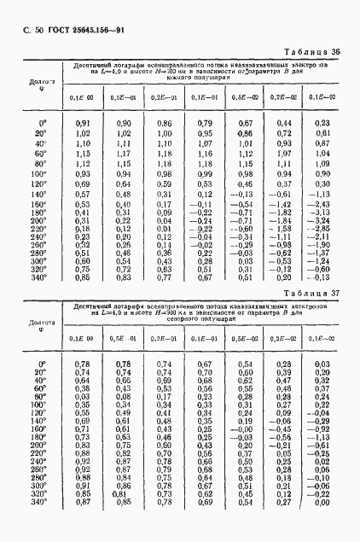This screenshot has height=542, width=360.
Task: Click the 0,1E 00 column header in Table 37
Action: pos(83,339)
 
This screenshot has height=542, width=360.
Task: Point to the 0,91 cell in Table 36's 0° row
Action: pos(84,124)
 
